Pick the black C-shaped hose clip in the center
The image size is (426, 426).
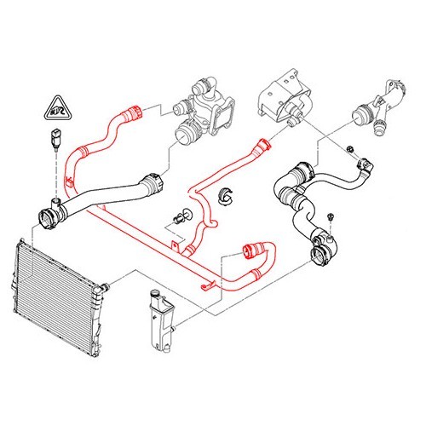(x=227, y=195)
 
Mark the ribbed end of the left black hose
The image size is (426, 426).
(x=153, y=181)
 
